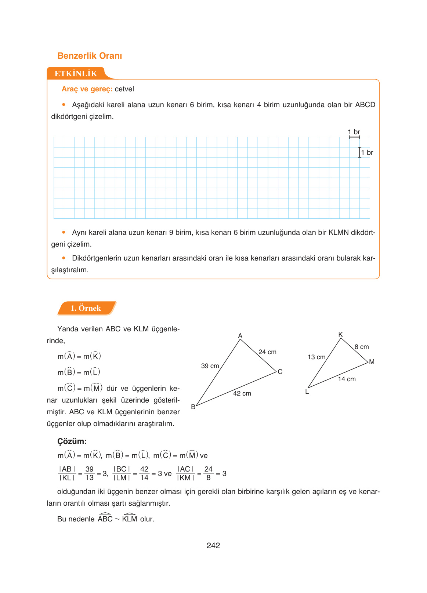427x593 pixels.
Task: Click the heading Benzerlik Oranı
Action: [90, 56]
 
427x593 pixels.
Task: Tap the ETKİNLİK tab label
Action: [76, 74]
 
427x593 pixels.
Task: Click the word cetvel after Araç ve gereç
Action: [124, 89]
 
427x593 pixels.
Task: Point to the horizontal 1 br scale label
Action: [354, 132]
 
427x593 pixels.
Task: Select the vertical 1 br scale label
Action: [367, 153]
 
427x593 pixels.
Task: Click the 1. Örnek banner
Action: [86, 308]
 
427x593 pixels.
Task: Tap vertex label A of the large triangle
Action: [240, 336]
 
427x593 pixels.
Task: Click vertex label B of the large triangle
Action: [193, 407]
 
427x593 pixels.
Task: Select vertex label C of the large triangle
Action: [280, 372]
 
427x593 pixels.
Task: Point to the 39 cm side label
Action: [210, 366]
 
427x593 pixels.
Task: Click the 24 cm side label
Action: [267, 352]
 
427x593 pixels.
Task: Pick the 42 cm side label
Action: [242, 393]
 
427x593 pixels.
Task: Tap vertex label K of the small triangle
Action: [340, 335]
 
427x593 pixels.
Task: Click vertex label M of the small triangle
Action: [372, 362]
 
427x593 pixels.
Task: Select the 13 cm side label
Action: [316, 357]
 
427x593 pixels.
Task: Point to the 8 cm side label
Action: [362, 347]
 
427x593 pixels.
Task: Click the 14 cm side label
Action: [347, 379]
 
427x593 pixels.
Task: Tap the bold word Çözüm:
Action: [72, 441]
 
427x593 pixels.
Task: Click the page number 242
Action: [213, 546]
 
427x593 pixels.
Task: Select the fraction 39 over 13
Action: [90, 473]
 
